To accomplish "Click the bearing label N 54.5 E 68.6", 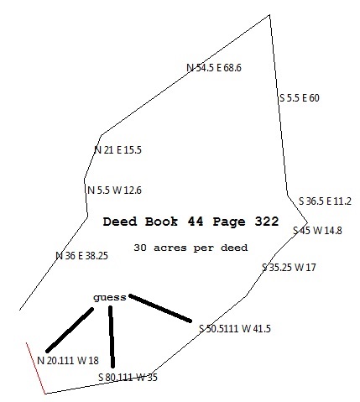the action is click(214, 68).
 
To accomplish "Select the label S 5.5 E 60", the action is click(300, 98).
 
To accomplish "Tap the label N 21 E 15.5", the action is click(117, 150).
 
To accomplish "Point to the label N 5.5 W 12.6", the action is click(114, 191).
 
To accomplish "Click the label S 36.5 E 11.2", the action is click(325, 201).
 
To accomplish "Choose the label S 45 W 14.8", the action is click(317, 231).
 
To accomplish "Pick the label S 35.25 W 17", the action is click(289, 268).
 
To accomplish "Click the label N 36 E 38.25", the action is click(81, 256).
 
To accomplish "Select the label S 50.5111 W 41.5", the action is click(235, 328).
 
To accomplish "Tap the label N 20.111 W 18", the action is click(68, 361).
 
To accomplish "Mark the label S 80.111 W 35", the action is click(128, 378).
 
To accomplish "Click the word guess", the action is click(110, 298).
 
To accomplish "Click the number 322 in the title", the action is click(267, 222).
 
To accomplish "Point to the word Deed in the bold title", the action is click(120, 222).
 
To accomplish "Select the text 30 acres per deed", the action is click(190, 248).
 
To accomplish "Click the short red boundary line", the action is click(36, 368).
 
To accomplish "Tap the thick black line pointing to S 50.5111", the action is click(160, 308).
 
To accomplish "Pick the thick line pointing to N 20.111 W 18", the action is click(70, 330).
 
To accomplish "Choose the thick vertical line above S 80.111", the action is click(112, 337).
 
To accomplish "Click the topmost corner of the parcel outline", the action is click(269, 14).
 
